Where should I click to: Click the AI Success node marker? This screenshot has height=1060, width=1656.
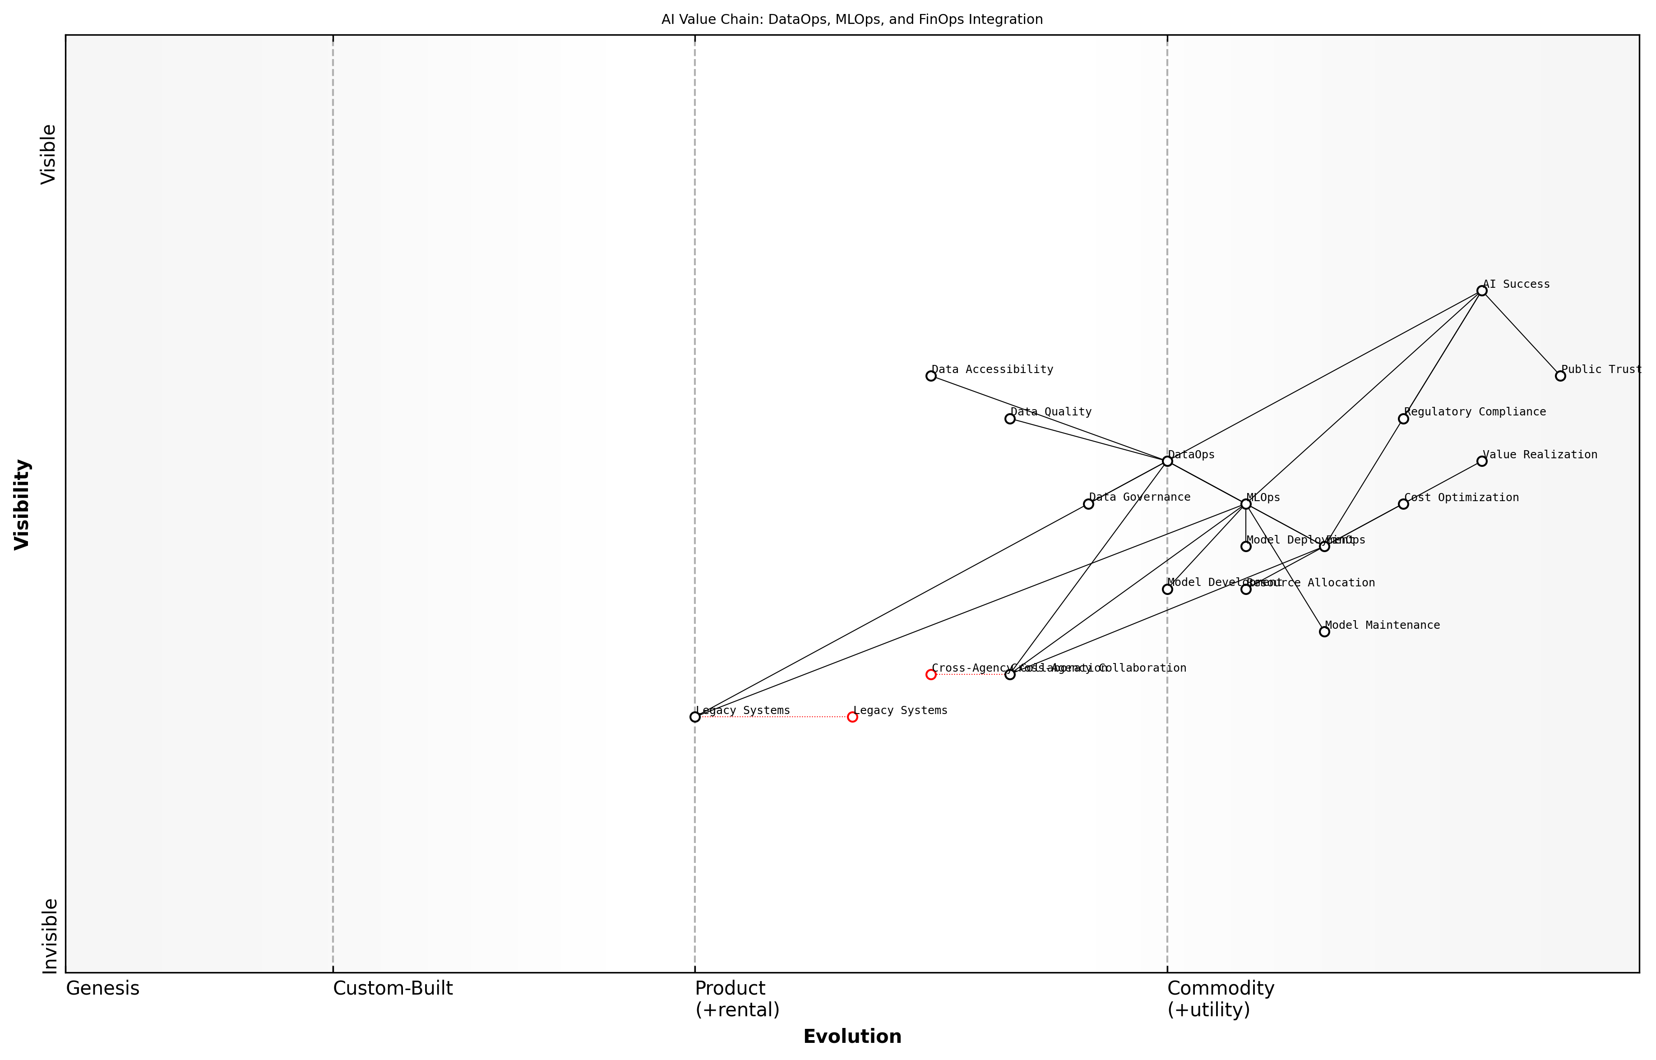click(x=1482, y=291)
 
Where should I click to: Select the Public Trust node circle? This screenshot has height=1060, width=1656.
click(x=1560, y=376)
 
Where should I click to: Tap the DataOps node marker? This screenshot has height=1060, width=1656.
click(x=1167, y=461)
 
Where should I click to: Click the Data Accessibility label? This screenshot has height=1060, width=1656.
click(x=992, y=369)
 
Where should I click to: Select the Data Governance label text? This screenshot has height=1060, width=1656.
click(x=1140, y=497)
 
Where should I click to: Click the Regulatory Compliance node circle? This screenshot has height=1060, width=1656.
click(x=1403, y=419)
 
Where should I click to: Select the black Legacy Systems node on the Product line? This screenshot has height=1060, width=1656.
click(x=695, y=717)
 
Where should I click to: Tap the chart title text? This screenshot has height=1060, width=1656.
click(x=852, y=19)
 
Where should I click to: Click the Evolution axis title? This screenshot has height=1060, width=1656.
click(x=852, y=1037)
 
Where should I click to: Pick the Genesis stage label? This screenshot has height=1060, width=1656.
click(x=102, y=988)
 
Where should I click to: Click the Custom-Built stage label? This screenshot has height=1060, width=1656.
click(x=393, y=988)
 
